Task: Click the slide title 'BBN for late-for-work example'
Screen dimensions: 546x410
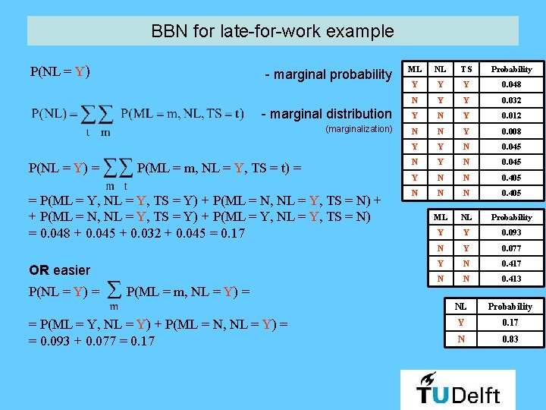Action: point(272,32)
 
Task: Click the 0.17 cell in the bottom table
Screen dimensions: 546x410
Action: point(510,323)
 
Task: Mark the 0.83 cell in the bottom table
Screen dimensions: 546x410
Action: point(510,339)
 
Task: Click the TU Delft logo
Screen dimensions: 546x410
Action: point(457,389)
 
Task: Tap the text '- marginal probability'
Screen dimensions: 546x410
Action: point(328,74)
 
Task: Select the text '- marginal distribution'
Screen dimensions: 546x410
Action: point(326,114)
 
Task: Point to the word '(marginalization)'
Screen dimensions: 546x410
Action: point(358,129)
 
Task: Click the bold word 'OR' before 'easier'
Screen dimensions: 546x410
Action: point(39,270)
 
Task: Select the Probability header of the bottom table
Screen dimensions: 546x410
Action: point(510,307)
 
